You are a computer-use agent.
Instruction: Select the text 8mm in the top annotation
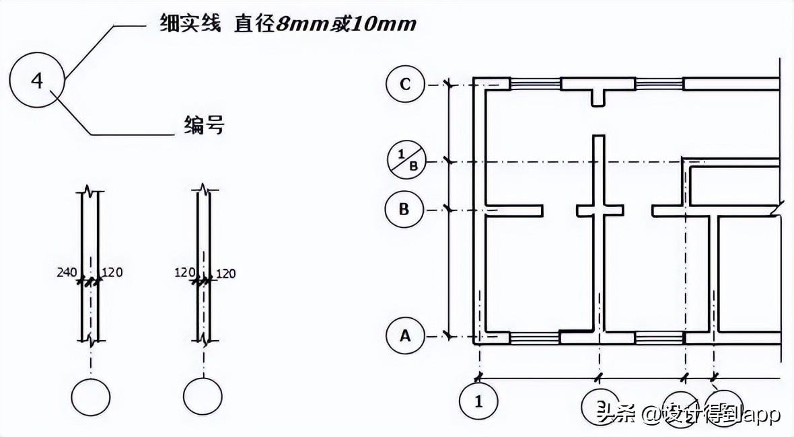(x=299, y=25)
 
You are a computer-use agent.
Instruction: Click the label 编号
(x=203, y=125)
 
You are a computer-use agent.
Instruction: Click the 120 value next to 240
(x=112, y=272)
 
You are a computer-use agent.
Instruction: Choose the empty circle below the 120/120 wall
(x=203, y=397)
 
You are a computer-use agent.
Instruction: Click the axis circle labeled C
(x=405, y=85)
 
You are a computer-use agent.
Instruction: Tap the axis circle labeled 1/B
(x=405, y=161)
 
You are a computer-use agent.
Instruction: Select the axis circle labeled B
(x=404, y=209)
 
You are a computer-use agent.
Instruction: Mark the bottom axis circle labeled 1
(x=478, y=402)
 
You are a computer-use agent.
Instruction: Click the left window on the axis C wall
(x=535, y=84)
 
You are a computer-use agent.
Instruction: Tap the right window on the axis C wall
(x=659, y=84)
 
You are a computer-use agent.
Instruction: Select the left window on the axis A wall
(x=535, y=337)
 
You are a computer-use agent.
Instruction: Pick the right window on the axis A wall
(x=659, y=337)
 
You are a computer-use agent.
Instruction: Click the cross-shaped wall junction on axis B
(x=598, y=210)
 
